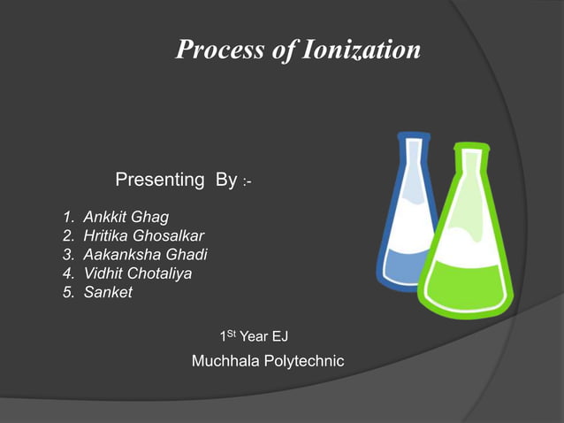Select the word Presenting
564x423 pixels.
(160, 181)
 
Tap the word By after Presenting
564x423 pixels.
(225, 181)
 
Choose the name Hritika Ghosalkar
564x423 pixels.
(143, 235)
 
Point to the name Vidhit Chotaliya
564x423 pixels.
(137, 273)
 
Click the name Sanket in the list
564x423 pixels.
(107, 293)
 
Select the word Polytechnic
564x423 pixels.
(302, 361)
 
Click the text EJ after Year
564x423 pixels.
(279, 336)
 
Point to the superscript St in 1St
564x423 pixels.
(232, 334)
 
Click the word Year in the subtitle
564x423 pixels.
(255, 336)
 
